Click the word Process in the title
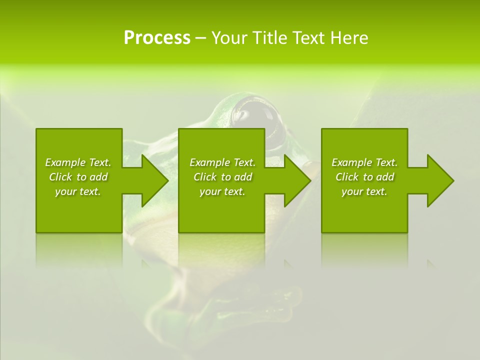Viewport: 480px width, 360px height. (157, 38)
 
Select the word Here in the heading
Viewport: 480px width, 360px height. (349, 38)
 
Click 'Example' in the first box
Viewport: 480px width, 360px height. (65, 162)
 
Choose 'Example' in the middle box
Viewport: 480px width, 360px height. (209, 162)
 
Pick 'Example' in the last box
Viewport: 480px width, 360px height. (351, 162)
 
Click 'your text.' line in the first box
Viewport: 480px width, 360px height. (78, 191)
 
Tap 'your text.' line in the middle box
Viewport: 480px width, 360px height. (222, 191)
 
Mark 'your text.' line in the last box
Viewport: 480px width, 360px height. (364, 191)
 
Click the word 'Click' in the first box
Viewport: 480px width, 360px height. (61, 177)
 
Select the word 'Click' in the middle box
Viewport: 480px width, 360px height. (205, 177)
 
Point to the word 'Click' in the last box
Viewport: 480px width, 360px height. (347, 177)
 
